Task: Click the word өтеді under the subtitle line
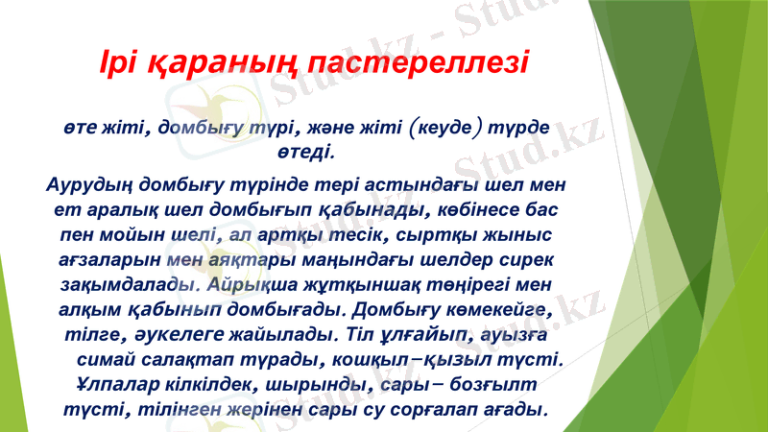coord(305,151)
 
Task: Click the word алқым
coord(84,311)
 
